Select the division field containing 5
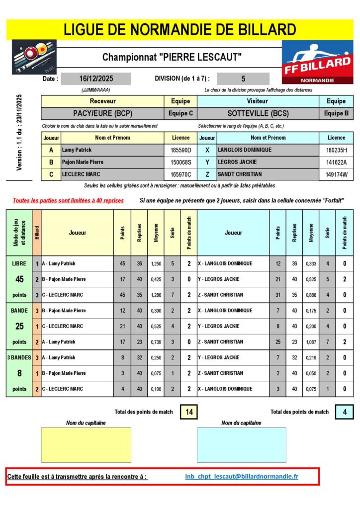[243, 79]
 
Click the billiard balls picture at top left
[34, 57]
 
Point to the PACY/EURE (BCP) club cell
[102, 113]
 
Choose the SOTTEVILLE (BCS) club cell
[258, 113]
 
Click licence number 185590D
[181, 150]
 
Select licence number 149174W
[336, 174]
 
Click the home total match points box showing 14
[188, 412]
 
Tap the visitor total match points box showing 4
[345, 412]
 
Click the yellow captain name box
[86, 445]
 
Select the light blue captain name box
[241, 445]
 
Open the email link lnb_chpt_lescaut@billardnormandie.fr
[242, 477]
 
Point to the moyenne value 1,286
[156, 295]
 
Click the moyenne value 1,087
[311, 342]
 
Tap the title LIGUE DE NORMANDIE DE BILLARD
[180, 29]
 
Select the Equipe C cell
[180, 113]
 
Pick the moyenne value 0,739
[156, 342]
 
